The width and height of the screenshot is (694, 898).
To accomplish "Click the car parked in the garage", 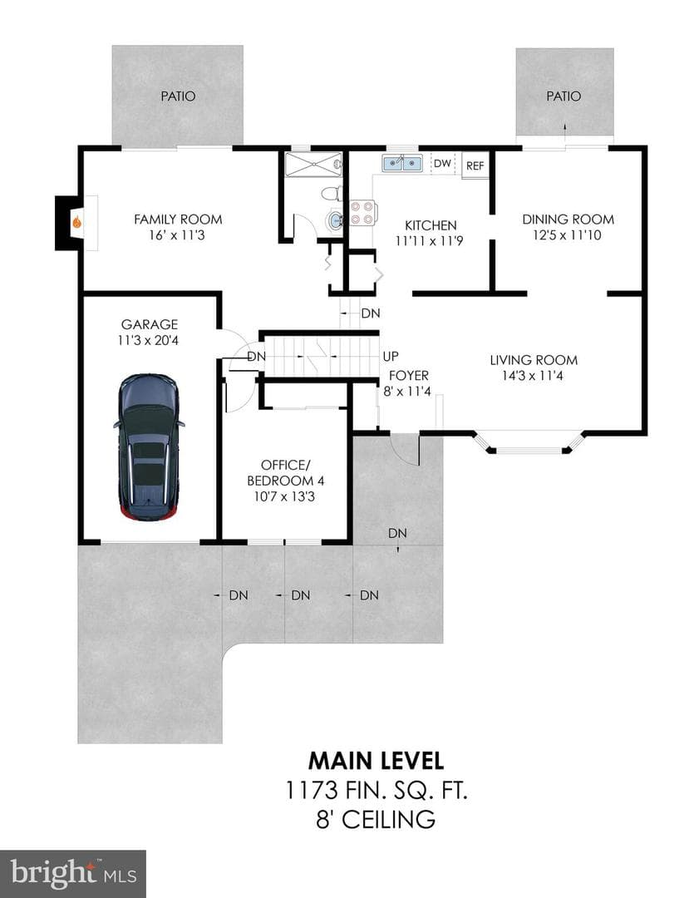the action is click(149, 447).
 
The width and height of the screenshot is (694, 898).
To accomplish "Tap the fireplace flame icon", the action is click(76, 221).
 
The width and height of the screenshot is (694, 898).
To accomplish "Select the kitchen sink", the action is click(402, 163).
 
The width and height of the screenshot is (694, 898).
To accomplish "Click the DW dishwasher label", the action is click(442, 163).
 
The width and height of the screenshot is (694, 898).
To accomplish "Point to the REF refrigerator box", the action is click(475, 165).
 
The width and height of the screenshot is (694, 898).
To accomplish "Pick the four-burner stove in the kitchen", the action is click(362, 213).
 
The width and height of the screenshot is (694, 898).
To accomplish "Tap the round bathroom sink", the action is click(334, 220).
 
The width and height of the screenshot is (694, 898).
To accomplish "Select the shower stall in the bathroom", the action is click(313, 165).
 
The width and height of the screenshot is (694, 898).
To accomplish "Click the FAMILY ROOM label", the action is click(178, 220).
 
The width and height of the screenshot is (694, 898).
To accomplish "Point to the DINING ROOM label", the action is click(568, 220).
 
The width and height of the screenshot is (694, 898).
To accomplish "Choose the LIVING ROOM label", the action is click(534, 360).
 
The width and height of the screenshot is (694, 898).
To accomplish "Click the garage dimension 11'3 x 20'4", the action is click(148, 341).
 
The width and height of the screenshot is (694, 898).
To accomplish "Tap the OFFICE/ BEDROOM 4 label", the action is click(284, 472).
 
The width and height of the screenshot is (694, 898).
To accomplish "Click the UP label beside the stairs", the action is click(391, 356).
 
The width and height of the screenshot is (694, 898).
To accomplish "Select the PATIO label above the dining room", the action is click(564, 96).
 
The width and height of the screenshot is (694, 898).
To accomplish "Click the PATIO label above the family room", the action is click(178, 96).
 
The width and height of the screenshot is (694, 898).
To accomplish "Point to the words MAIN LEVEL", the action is click(377, 761).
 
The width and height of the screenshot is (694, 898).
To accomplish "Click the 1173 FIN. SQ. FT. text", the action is click(377, 791).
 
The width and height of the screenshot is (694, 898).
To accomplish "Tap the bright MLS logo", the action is click(73, 874).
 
